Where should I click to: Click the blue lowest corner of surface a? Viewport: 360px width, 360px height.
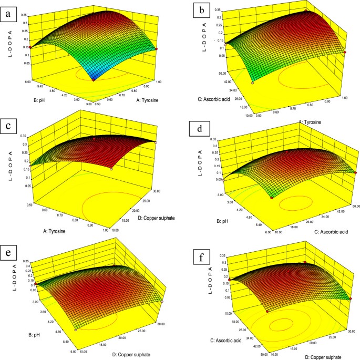coord(94,79)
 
